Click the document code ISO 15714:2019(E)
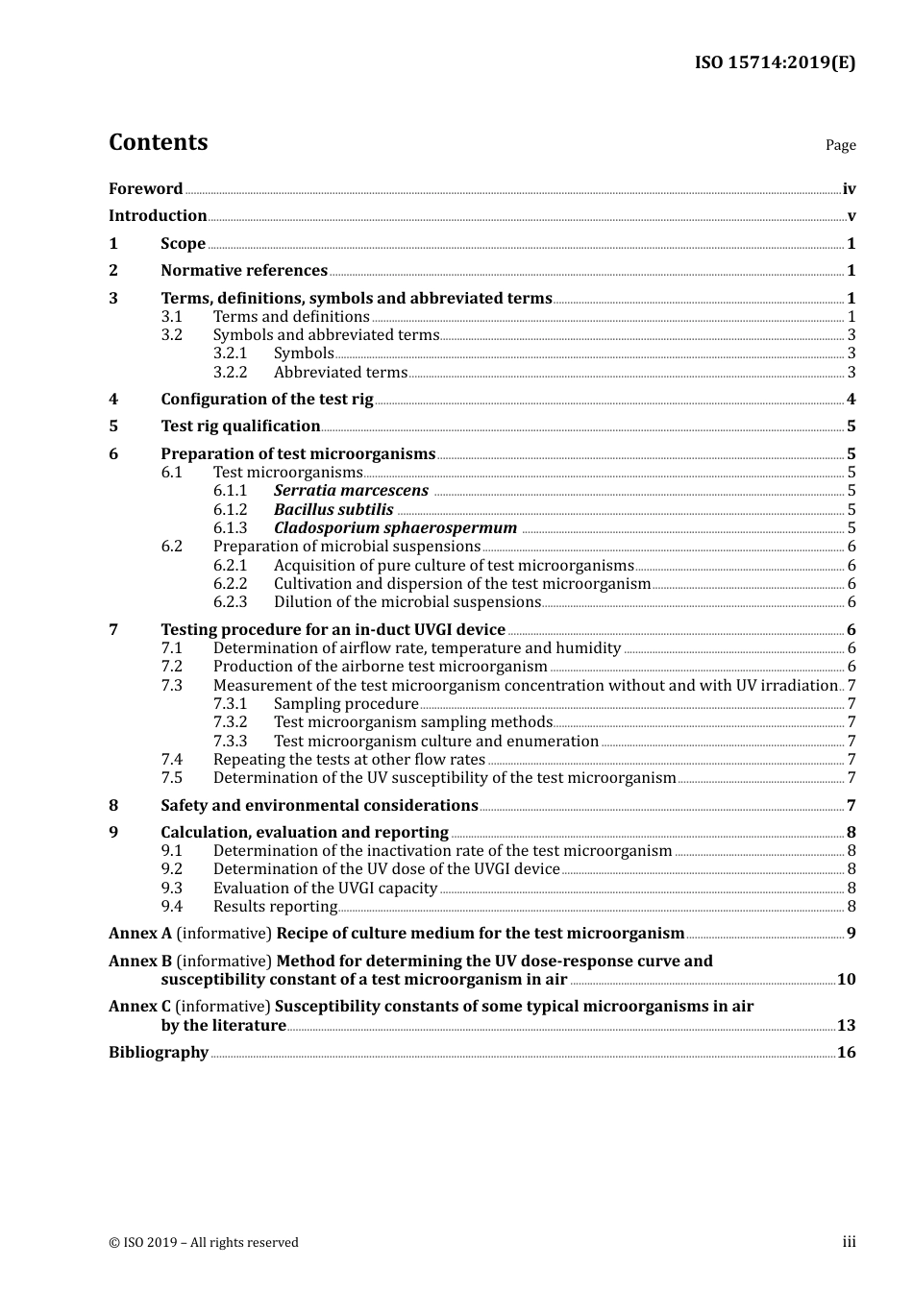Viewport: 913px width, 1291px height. pyautogui.click(x=775, y=63)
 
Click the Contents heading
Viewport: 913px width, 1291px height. pyautogui.click(x=158, y=142)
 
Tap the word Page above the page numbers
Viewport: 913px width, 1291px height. pyautogui.click(x=840, y=145)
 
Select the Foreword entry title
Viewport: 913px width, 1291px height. pyautogui.click(x=145, y=189)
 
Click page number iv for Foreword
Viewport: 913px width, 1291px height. pyautogui.click(x=849, y=189)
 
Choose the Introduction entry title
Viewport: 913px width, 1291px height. pyautogui.click(x=158, y=216)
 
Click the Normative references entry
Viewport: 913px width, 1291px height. pyautogui.click(x=244, y=271)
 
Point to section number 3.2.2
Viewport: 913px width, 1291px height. pyautogui.click(x=230, y=373)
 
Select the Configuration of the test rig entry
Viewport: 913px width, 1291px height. pyautogui.click(x=266, y=400)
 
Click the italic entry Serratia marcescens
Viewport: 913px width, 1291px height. pyautogui.click(x=351, y=491)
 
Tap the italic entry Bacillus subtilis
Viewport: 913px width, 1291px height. pyautogui.click(x=333, y=510)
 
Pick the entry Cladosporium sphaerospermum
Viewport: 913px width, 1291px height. pyautogui.click(x=395, y=528)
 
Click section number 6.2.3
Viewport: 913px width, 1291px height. pyautogui.click(x=230, y=602)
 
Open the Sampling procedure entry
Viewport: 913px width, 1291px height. pyautogui.click(x=346, y=704)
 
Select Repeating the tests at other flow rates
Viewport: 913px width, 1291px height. pyautogui.click(x=349, y=760)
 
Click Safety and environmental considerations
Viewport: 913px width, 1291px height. pyautogui.click(x=319, y=806)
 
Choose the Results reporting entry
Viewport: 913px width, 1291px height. pyautogui.click(x=275, y=907)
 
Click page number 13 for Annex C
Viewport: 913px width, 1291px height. pyautogui.click(x=846, y=1026)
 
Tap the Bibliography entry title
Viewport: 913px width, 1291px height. pyautogui.click(x=159, y=1053)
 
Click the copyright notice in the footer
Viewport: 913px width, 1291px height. pyautogui.click(x=204, y=1243)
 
